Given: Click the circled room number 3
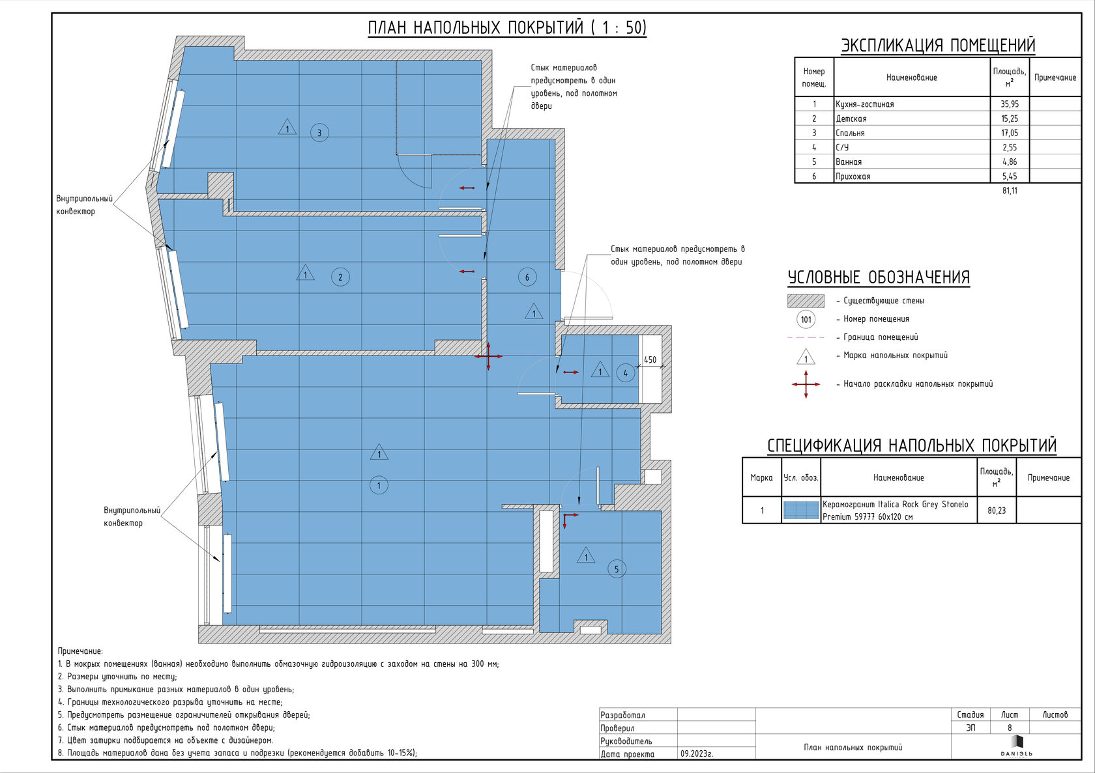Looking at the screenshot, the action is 319,132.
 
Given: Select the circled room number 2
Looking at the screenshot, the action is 340,277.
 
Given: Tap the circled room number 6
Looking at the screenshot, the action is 527,277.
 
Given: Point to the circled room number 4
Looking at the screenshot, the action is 625,374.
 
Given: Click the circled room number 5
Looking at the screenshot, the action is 617,569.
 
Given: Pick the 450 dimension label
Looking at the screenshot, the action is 650,360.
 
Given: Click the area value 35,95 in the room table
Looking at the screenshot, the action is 1010,104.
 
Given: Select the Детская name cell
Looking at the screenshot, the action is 851,119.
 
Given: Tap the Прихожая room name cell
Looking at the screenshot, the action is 853,176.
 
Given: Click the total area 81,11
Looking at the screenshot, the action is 1010,190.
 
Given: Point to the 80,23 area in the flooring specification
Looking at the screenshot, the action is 996,511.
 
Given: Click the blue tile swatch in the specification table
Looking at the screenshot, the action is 800,510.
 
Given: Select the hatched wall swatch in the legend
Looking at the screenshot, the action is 806,301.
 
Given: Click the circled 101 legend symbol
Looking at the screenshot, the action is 806,319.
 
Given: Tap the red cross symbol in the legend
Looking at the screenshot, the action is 806,384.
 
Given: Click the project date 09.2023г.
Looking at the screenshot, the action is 697,754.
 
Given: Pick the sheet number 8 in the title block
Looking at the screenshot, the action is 1010,727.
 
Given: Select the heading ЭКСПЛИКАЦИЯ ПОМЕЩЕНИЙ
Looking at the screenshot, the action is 938,45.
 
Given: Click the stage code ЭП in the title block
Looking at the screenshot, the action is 971,727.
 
